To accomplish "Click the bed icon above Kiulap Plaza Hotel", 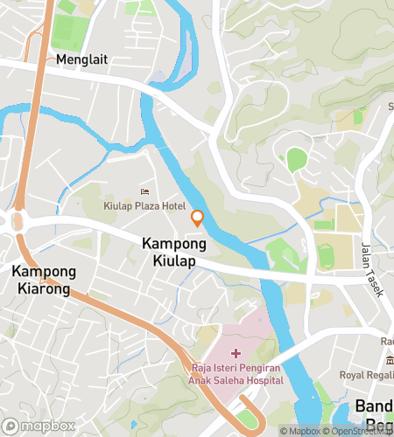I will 144,191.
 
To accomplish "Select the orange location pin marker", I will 198,218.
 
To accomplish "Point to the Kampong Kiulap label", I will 173,253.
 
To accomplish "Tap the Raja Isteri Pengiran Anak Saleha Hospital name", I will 235,374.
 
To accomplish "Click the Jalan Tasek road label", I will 369,271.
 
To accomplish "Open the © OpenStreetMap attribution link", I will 360,431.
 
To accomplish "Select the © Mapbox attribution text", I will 301,431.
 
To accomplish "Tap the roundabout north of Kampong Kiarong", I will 15,221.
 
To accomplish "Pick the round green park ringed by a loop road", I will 297,160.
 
